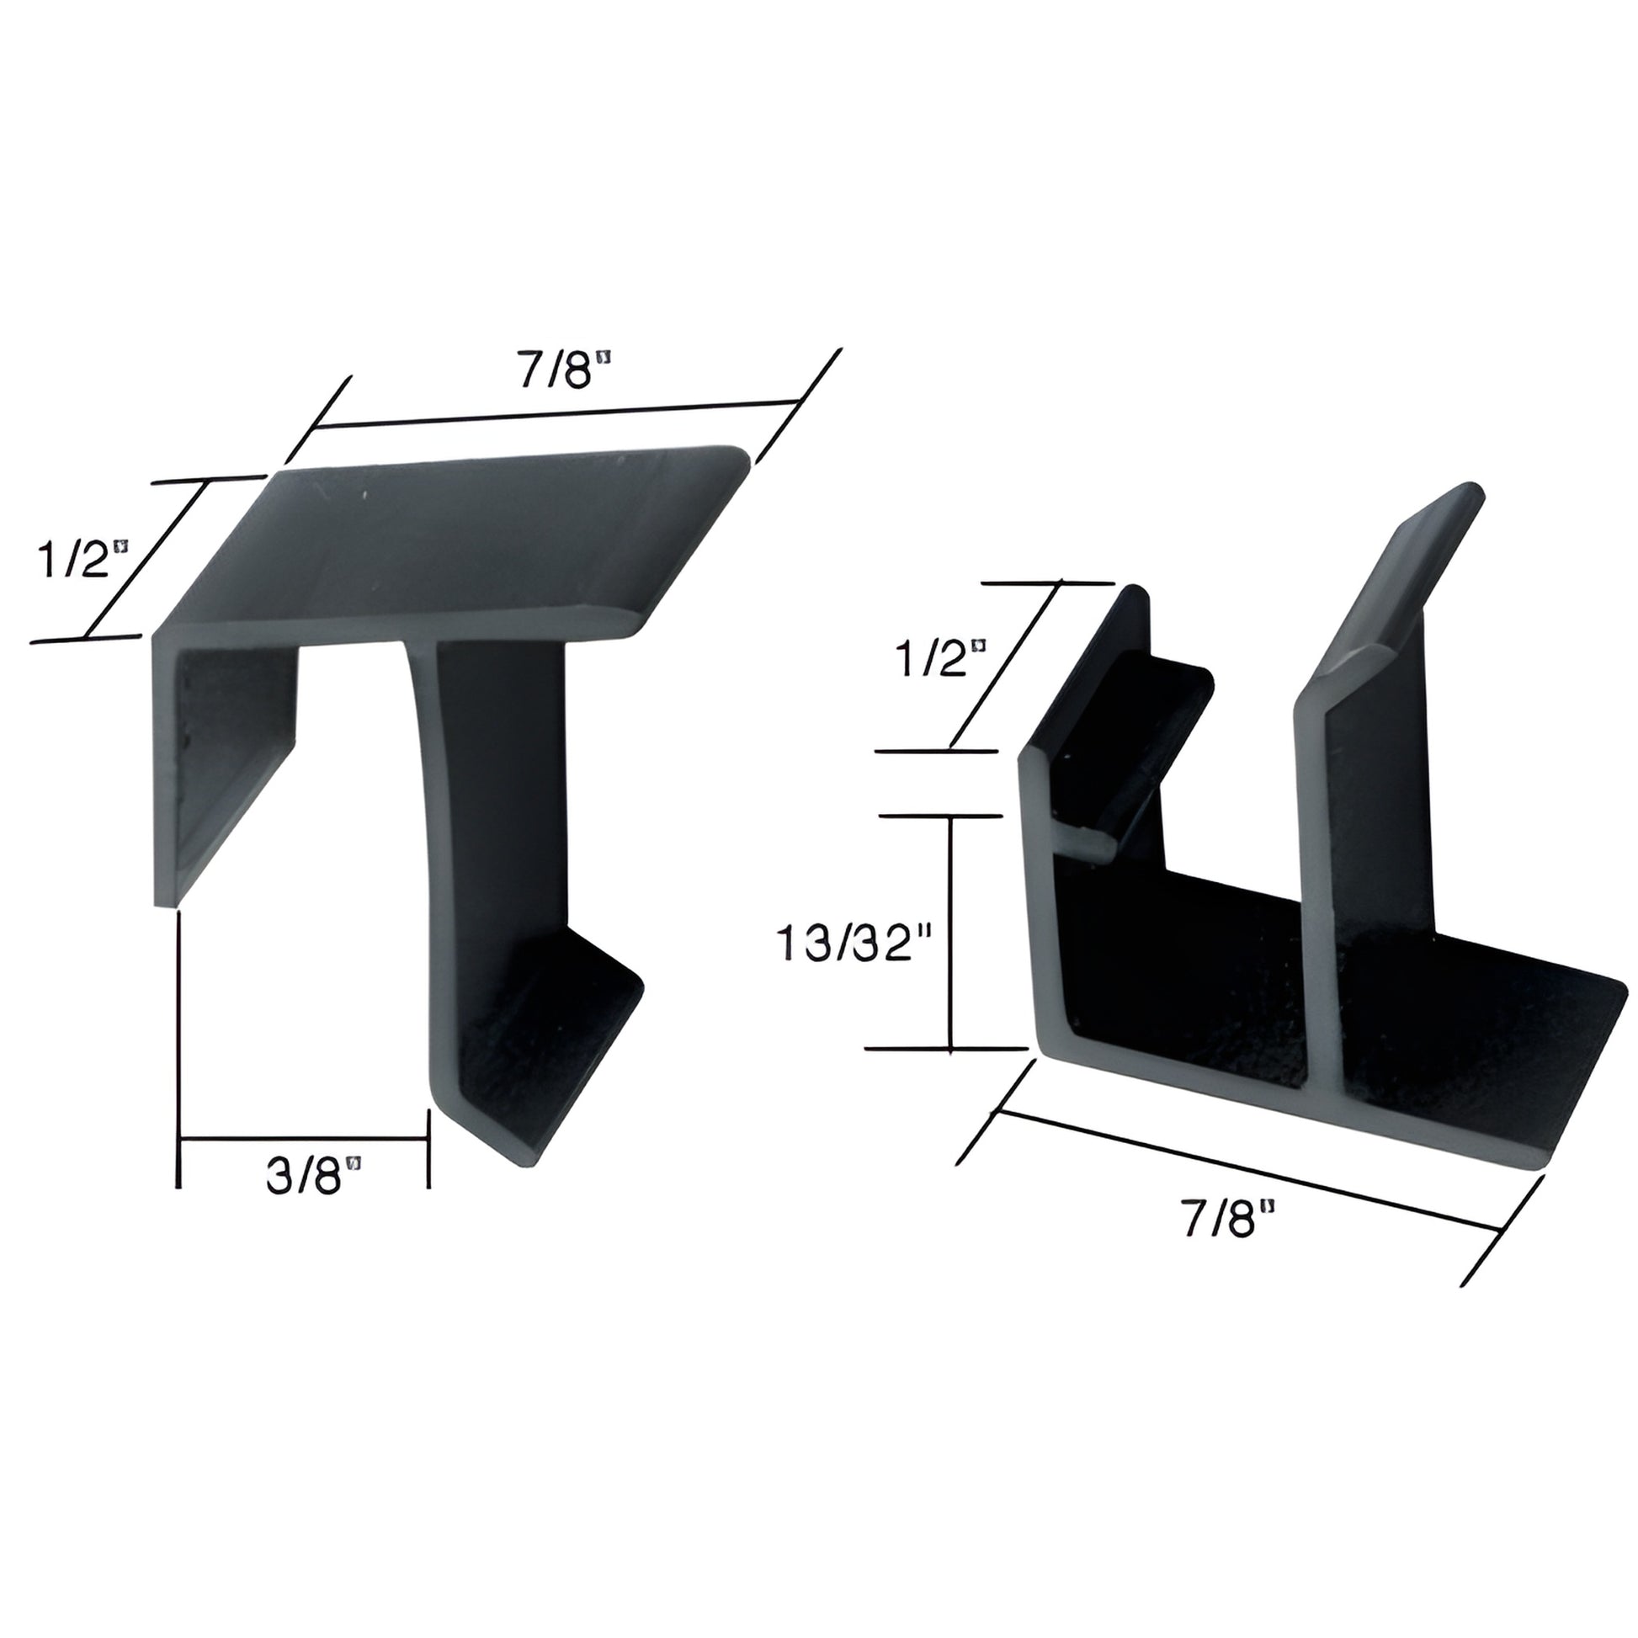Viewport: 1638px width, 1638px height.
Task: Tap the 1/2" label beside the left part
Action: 82,560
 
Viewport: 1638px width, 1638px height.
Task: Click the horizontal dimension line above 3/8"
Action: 304,1139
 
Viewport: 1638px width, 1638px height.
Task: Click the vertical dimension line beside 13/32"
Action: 951,933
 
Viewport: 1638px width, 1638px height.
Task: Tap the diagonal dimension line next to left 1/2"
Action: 146,560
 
